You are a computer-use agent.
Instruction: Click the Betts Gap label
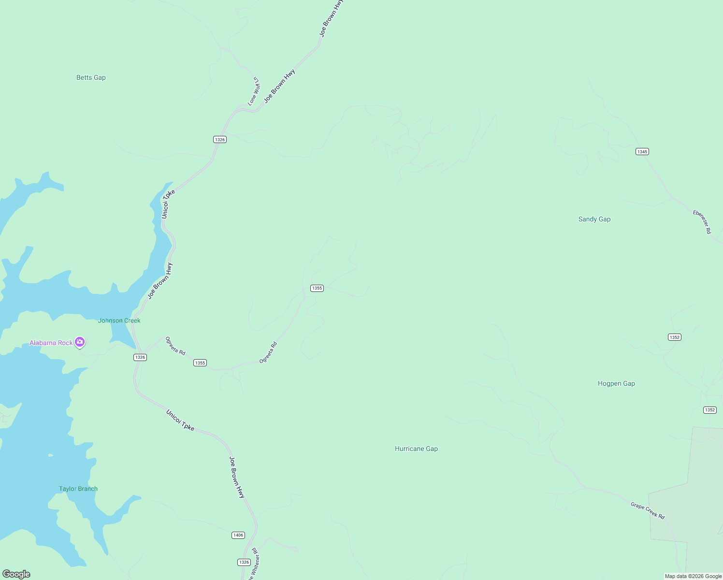coord(91,77)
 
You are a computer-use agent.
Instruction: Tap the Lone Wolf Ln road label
coord(254,91)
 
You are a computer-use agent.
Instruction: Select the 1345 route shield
coord(642,152)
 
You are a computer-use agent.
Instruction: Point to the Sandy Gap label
coord(594,219)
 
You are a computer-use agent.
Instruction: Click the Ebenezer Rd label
coord(702,222)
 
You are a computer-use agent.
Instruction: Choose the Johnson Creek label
coord(119,320)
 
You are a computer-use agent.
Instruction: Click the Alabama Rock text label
coord(51,343)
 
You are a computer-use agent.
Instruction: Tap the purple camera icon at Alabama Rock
coord(80,342)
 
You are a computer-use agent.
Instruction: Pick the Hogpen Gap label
coord(616,383)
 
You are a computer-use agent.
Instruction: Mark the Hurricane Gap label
coord(416,449)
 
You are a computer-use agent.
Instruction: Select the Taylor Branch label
coord(78,489)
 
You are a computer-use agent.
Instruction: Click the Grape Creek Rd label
coord(648,510)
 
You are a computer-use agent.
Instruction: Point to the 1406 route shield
coord(238,535)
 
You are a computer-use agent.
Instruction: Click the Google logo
coord(16,574)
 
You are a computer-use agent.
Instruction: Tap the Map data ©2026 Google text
coord(693,576)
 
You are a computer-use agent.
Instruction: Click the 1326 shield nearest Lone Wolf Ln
coord(220,139)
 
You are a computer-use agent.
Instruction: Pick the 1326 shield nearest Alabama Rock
coord(140,357)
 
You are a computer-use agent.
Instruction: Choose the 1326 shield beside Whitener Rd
coord(244,562)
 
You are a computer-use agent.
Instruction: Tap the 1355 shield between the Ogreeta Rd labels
coord(200,362)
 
